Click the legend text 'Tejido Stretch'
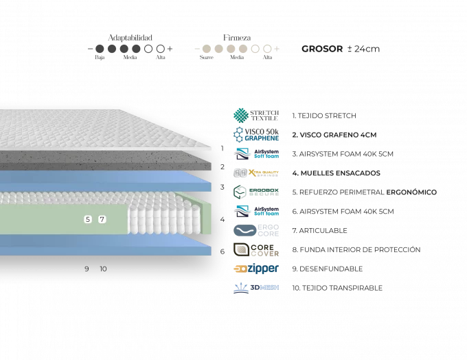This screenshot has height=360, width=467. (323, 116)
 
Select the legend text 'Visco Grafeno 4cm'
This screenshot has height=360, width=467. (334, 135)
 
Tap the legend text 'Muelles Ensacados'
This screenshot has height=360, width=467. (330, 173)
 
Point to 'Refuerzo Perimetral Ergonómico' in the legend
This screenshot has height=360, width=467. (363, 192)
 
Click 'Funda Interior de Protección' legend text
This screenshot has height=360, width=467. (356, 250)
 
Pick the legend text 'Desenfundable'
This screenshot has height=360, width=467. (326, 269)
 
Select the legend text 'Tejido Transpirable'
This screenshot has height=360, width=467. (337, 288)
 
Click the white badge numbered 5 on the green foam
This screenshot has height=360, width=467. (87, 219)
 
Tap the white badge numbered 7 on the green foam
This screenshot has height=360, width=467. (102, 219)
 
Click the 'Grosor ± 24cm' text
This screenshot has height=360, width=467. (341, 49)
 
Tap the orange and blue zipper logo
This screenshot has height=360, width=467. (256, 269)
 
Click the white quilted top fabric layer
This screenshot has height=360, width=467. (103, 131)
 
